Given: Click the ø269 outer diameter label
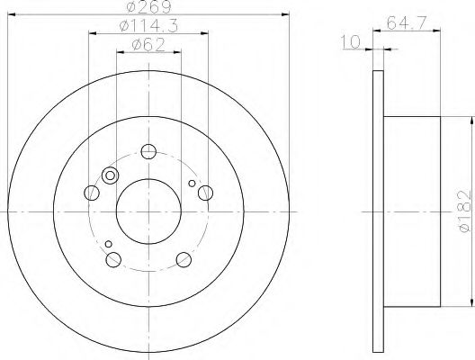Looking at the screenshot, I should (148, 7).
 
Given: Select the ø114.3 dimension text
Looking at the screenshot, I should (148, 28).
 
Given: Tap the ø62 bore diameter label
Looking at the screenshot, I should (148, 45).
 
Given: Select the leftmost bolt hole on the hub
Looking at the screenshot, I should (91, 192).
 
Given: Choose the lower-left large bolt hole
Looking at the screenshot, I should (113, 260).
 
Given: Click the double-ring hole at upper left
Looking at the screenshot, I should (112, 176).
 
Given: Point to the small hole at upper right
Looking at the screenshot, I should (191, 186).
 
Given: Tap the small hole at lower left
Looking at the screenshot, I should (107, 244).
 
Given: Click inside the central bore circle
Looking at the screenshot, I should (148, 211).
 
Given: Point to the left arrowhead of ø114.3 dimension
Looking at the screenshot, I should (92, 34).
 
